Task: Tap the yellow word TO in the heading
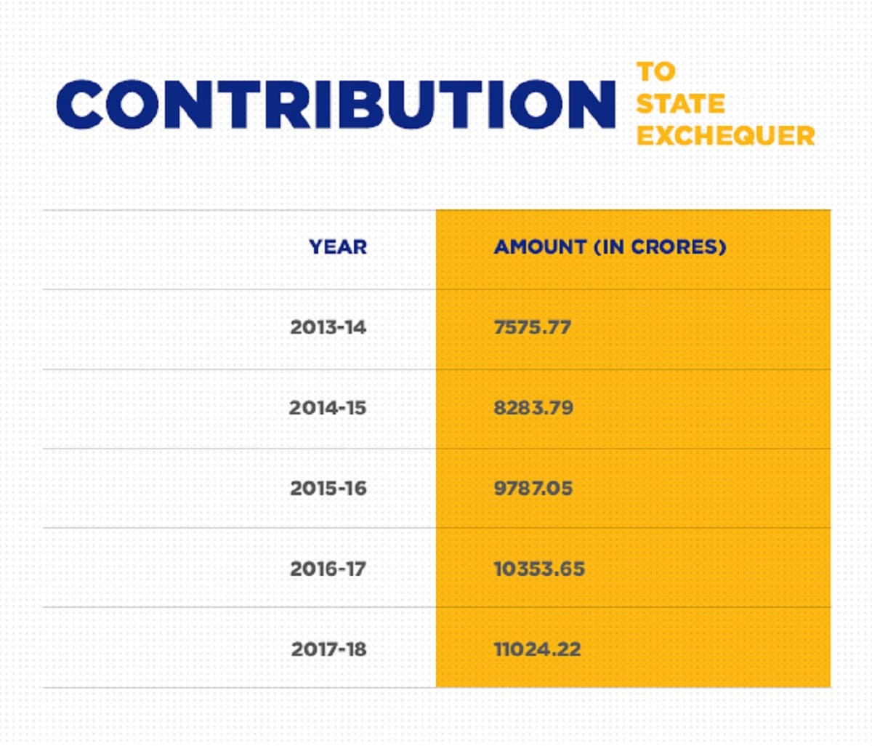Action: click(656, 71)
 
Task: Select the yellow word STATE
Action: click(680, 103)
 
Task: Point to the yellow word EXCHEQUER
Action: click(725, 135)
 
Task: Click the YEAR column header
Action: click(338, 247)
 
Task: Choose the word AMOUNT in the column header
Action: click(540, 247)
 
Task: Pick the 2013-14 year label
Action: click(328, 327)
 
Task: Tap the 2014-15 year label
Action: click(328, 408)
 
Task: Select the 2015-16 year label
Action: click(328, 488)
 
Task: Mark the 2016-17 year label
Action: click(328, 569)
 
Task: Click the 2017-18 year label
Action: click(329, 649)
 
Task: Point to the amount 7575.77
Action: click(533, 327)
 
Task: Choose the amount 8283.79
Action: click(533, 408)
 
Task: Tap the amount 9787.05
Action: click(533, 488)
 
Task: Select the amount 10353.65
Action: click(539, 569)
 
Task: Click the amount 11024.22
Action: click(538, 649)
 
